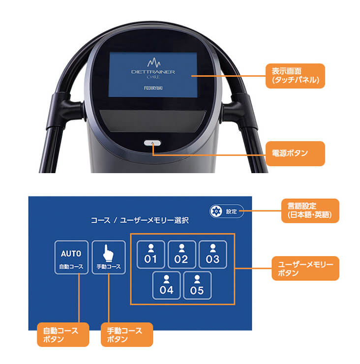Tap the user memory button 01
pyautogui.click(x=150, y=253)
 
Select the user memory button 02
pyautogui.click(x=181, y=253)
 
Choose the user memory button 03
pyautogui.click(x=212, y=253)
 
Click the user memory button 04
pyautogui.click(x=166, y=285)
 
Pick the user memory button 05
pyautogui.click(x=197, y=285)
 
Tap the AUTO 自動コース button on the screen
pyautogui.click(x=71, y=257)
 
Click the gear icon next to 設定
pyautogui.click(x=215, y=212)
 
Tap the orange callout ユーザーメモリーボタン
pyautogui.click(x=305, y=268)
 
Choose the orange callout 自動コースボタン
pyautogui.click(x=57, y=334)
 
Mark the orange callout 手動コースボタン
pyautogui.click(x=126, y=334)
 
